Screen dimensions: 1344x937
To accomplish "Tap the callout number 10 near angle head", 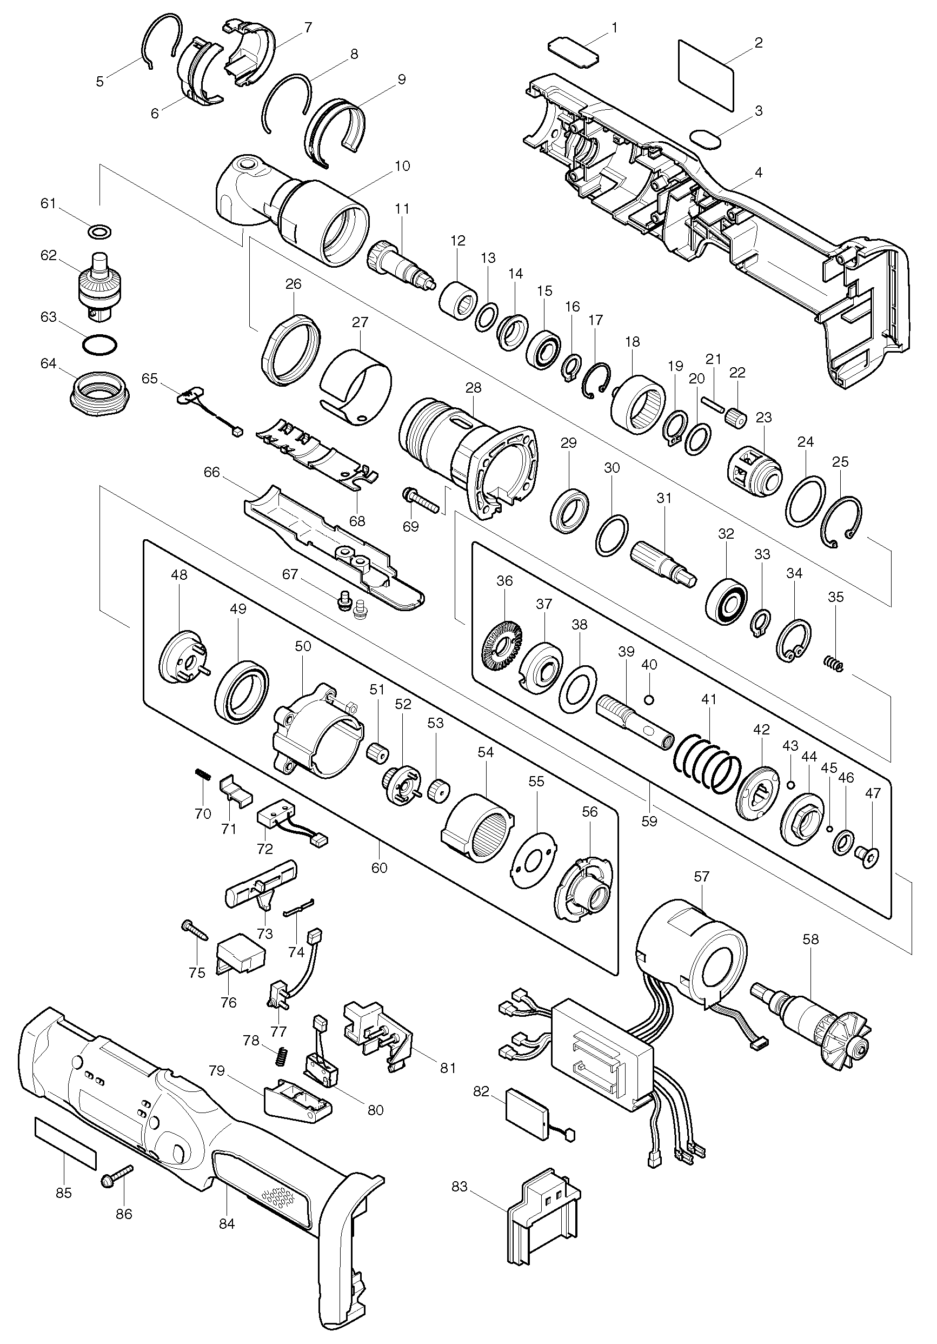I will (x=402, y=166).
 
